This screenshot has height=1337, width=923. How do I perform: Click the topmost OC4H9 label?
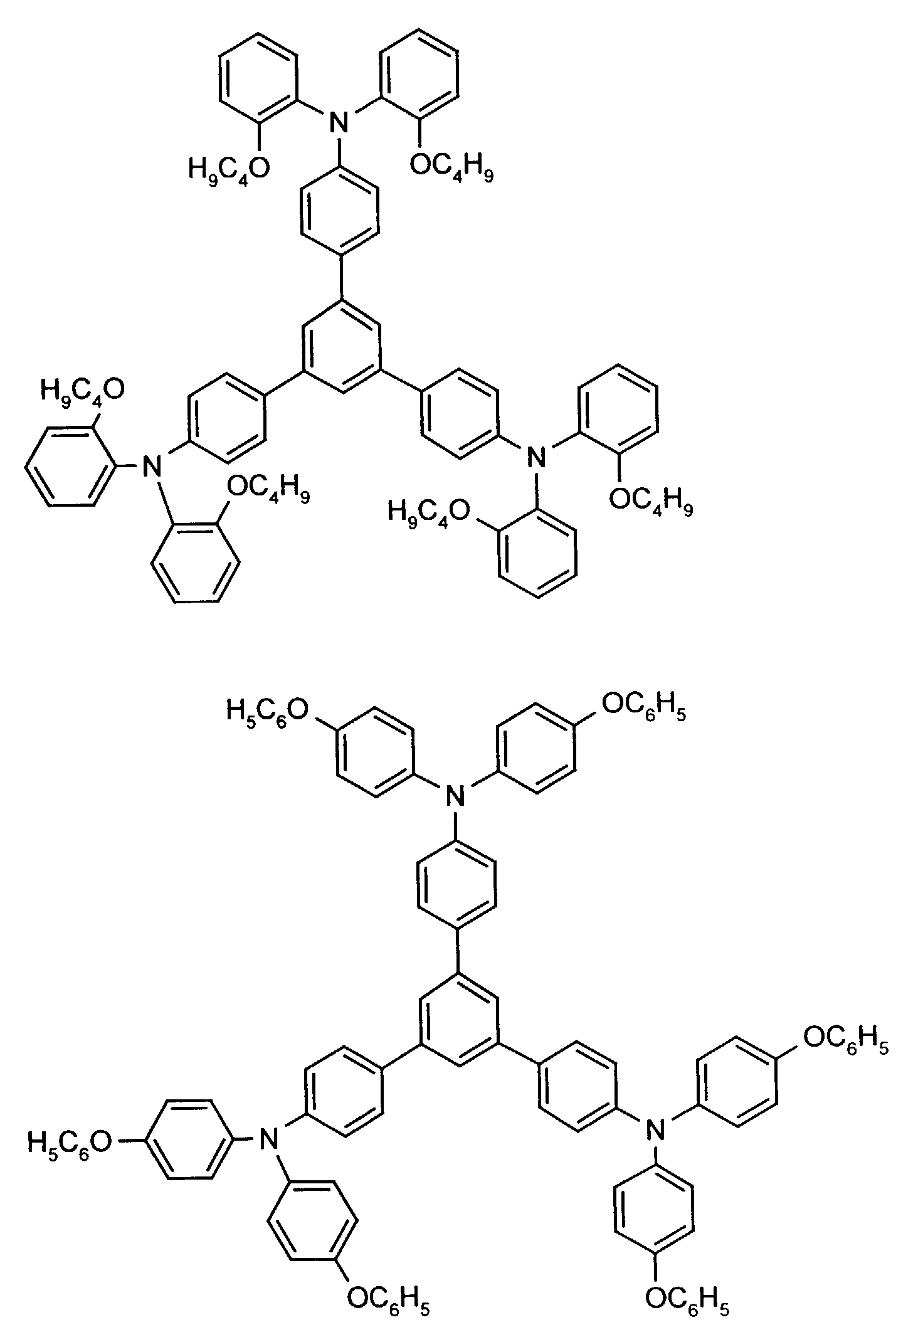tap(451, 168)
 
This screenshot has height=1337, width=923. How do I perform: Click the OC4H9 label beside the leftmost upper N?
tap(268, 487)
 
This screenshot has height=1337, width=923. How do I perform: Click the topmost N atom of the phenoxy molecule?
tap(456, 797)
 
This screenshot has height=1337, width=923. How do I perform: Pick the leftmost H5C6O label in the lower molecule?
tap(68, 1141)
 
